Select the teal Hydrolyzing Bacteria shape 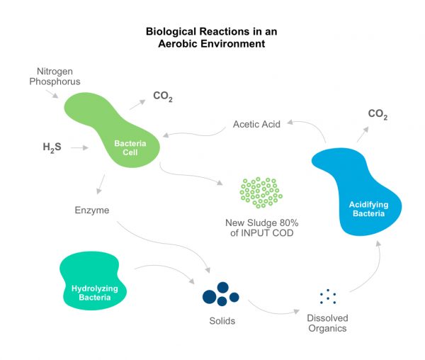click(x=92, y=283)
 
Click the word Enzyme click(x=91, y=210)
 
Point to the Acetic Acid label click(x=256, y=124)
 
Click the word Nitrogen click(x=54, y=71)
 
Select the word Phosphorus click(x=55, y=81)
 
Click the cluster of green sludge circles click(x=261, y=191)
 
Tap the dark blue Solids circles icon click(x=220, y=293)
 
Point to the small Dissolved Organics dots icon click(x=327, y=296)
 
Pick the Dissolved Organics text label click(x=327, y=322)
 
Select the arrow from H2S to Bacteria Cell click(x=79, y=148)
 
